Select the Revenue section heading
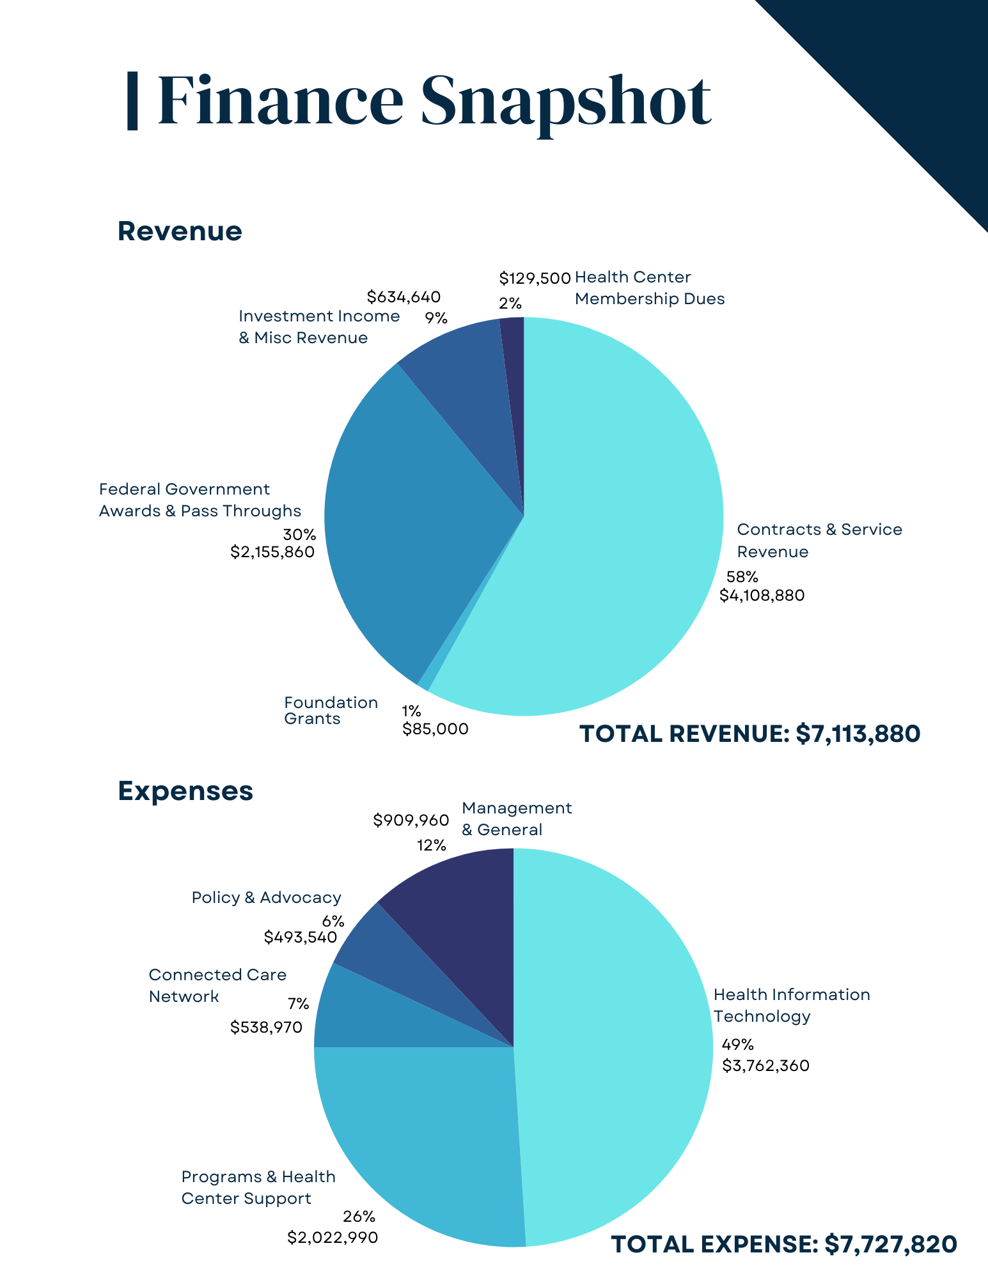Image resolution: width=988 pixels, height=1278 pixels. pos(180,231)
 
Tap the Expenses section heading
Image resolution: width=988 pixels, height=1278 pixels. pos(185,791)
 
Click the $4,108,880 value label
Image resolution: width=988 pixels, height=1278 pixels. pos(762,596)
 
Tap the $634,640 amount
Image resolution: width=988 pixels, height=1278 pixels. pos(404,296)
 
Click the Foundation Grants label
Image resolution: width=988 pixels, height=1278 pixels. pos(331,711)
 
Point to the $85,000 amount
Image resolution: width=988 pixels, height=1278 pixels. pos(435,728)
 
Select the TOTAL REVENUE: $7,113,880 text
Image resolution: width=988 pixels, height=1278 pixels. pos(749,734)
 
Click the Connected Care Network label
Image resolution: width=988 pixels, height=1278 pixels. pos(217,985)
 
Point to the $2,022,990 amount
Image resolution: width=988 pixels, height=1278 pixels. pos(333,1238)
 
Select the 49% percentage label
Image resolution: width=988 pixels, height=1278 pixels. pos(738,1045)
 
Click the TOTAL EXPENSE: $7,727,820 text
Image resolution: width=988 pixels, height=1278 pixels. pos(784,1244)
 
